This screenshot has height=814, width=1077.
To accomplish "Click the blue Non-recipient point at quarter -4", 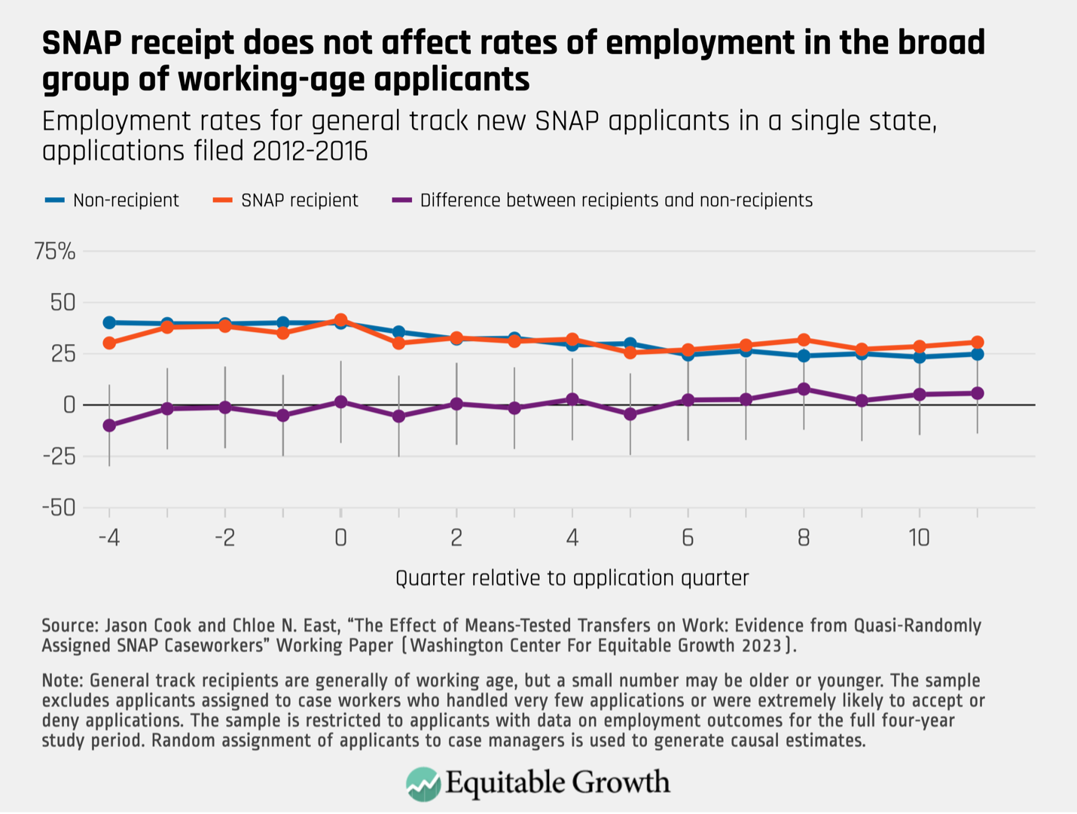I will (x=109, y=322).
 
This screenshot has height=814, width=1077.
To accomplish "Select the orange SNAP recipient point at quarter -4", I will (x=109, y=343).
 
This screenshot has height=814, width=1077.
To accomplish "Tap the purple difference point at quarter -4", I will (x=109, y=425).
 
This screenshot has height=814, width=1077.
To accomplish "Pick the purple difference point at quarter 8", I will (x=804, y=389).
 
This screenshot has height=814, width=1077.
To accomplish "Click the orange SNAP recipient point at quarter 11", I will (x=977, y=343).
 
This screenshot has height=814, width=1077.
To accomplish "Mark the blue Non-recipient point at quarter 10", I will (x=919, y=357).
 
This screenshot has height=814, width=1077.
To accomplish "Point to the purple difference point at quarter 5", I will (x=630, y=414).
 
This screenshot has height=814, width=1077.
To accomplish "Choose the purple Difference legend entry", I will (x=603, y=200).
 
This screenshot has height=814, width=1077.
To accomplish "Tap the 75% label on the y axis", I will (x=55, y=252).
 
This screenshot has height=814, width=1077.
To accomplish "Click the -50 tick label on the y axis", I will (x=59, y=508).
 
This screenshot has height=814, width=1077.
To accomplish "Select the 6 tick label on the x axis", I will (x=688, y=538).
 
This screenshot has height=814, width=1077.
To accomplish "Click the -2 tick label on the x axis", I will (x=224, y=538).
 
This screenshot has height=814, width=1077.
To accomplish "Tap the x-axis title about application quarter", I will (x=572, y=578).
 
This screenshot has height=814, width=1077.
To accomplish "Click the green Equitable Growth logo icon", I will (x=423, y=784).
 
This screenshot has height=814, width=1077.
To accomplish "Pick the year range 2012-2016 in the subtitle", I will (x=310, y=151).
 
